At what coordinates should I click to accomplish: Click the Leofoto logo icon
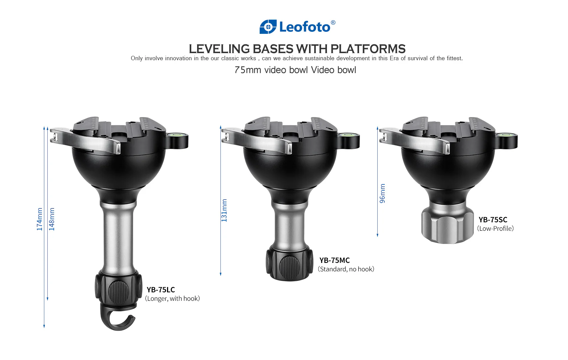click(x=268, y=27)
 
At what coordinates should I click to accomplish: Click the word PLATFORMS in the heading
click(x=368, y=49)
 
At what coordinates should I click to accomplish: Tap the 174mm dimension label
click(x=39, y=219)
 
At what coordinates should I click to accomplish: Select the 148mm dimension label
click(x=51, y=219)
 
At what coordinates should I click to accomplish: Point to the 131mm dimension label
click(x=224, y=210)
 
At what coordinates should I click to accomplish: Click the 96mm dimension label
click(x=382, y=193)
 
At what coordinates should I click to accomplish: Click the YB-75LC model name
click(x=161, y=290)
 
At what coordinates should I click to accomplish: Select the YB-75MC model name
click(x=334, y=260)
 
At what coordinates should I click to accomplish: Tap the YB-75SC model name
click(x=493, y=220)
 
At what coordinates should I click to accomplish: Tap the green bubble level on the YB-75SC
click(x=506, y=135)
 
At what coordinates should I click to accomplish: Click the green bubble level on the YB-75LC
click(x=177, y=135)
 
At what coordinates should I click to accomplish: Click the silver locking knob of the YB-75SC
click(x=447, y=225)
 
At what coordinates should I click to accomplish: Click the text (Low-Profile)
click(x=496, y=229)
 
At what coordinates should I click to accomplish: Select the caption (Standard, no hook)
click(x=346, y=269)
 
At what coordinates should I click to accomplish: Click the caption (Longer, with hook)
click(x=172, y=299)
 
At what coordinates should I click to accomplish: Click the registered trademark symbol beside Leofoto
click(x=333, y=23)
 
